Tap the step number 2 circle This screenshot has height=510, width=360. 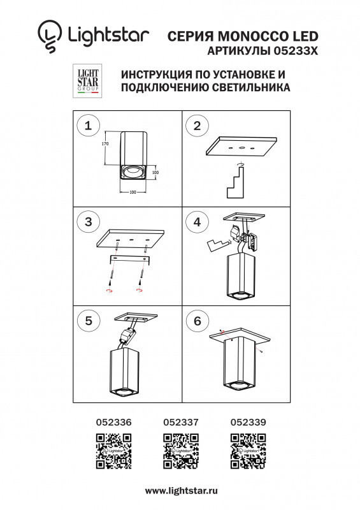pos(198,126)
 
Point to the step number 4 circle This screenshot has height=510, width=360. pos(198,222)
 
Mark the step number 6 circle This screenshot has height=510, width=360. pos(198,321)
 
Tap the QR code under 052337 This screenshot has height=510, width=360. pos(181,451)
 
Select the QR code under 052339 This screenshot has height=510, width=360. pos(248,451)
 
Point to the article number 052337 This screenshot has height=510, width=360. pos(181,421)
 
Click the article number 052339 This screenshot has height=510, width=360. pos(248,421)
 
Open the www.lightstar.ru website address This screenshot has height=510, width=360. pos(182,490)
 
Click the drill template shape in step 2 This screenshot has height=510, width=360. pos(236,182)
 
